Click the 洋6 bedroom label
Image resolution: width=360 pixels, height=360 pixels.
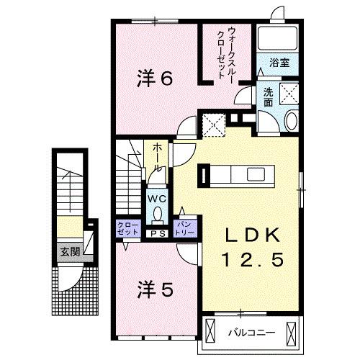point(154,79)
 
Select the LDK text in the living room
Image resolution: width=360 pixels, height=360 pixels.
point(251,235)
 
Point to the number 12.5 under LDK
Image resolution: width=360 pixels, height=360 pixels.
point(251,257)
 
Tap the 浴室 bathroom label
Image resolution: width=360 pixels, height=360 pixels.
point(280,63)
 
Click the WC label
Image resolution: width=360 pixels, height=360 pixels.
point(158,197)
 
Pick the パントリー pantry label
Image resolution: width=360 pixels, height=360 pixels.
point(185,229)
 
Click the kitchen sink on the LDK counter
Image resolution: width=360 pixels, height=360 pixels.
point(256,174)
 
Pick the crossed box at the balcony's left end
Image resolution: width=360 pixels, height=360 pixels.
point(210,331)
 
